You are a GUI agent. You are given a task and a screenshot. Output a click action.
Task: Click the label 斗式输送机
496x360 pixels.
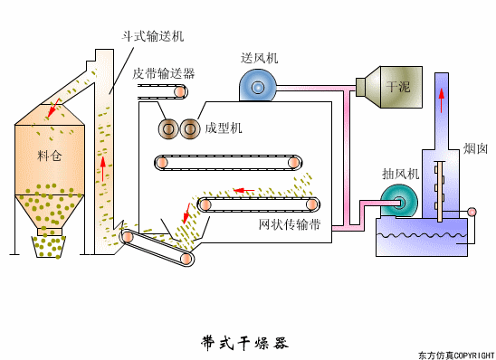click(x=153, y=36)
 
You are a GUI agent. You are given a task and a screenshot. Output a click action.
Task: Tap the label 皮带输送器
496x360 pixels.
click(x=163, y=73)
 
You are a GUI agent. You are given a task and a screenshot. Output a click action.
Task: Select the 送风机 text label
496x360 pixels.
click(x=259, y=57)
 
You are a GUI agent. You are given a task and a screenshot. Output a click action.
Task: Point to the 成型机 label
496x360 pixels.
click(x=224, y=128)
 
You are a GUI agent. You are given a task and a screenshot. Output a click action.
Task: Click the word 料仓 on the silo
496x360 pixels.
click(x=50, y=156)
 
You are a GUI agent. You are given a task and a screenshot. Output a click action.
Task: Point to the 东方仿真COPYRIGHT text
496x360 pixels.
click(x=455, y=354)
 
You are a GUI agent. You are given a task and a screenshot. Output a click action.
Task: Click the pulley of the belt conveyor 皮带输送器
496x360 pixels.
click(x=181, y=92)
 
